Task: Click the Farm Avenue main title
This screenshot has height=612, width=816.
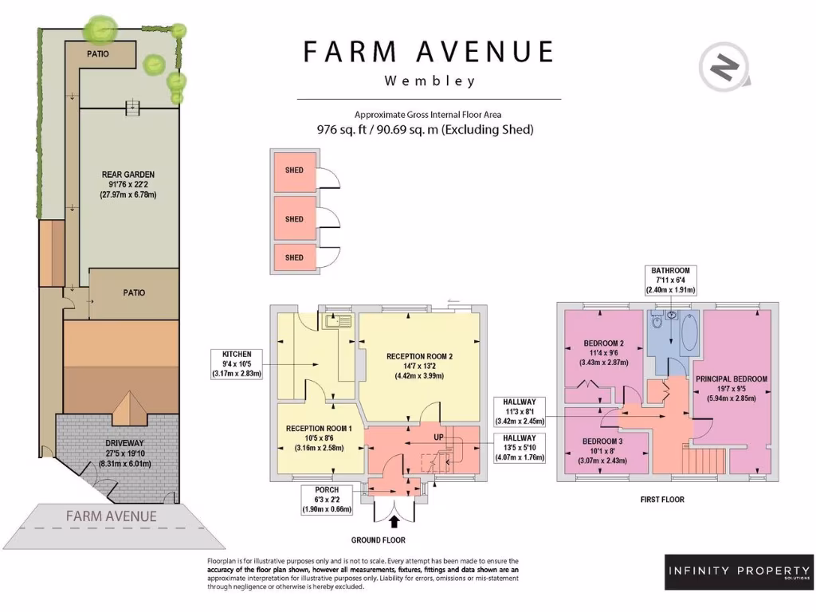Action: click(x=428, y=52)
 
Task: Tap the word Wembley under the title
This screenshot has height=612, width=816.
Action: click(x=430, y=80)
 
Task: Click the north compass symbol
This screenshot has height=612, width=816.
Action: click(x=724, y=67)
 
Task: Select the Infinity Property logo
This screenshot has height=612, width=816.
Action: click(x=739, y=572)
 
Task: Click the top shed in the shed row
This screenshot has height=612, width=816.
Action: click(x=294, y=171)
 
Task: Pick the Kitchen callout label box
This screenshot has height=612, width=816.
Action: click(x=237, y=363)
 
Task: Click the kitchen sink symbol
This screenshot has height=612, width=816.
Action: click(x=338, y=321)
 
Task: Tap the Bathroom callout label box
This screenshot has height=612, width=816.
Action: click(x=671, y=280)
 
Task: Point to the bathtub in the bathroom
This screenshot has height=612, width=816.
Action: click(x=689, y=332)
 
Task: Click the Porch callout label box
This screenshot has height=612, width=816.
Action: click(x=327, y=500)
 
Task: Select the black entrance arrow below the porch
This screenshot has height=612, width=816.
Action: click(x=394, y=521)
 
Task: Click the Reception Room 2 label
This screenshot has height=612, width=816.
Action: click(x=419, y=366)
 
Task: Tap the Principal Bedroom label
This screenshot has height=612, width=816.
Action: click(x=732, y=389)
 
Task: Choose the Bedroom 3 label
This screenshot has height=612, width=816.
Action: click(x=602, y=451)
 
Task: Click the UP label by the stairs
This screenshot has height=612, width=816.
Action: click(x=439, y=437)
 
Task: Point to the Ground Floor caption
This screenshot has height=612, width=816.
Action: click(x=379, y=540)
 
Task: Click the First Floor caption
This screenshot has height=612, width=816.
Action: click(x=662, y=499)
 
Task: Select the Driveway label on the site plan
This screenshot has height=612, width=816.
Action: click(x=125, y=453)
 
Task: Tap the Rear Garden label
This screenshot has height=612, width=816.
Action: click(x=128, y=184)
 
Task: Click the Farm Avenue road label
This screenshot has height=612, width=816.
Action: click(x=112, y=516)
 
